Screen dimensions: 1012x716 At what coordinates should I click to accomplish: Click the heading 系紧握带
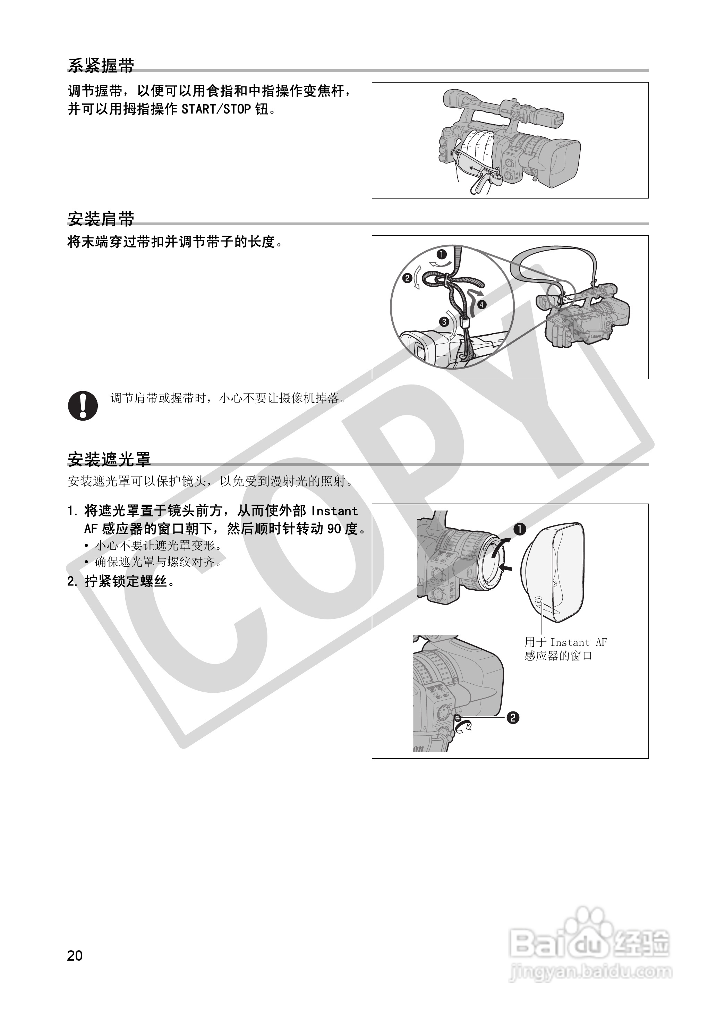coord(101,65)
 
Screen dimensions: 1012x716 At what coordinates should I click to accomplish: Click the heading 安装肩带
coord(101,218)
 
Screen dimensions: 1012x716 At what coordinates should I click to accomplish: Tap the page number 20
coord(75,955)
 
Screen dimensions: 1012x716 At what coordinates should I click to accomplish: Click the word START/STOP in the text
coord(216,109)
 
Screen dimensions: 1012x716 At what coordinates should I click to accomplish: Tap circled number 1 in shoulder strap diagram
coord(441,254)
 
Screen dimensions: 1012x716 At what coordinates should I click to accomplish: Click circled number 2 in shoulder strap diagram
coord(407,278)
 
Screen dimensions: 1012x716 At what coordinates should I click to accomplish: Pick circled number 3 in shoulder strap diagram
coord(444,322)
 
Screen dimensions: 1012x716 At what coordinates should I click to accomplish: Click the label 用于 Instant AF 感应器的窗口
coord(565,649)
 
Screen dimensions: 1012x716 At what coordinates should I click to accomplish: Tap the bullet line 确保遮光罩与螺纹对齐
coord(157,562)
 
